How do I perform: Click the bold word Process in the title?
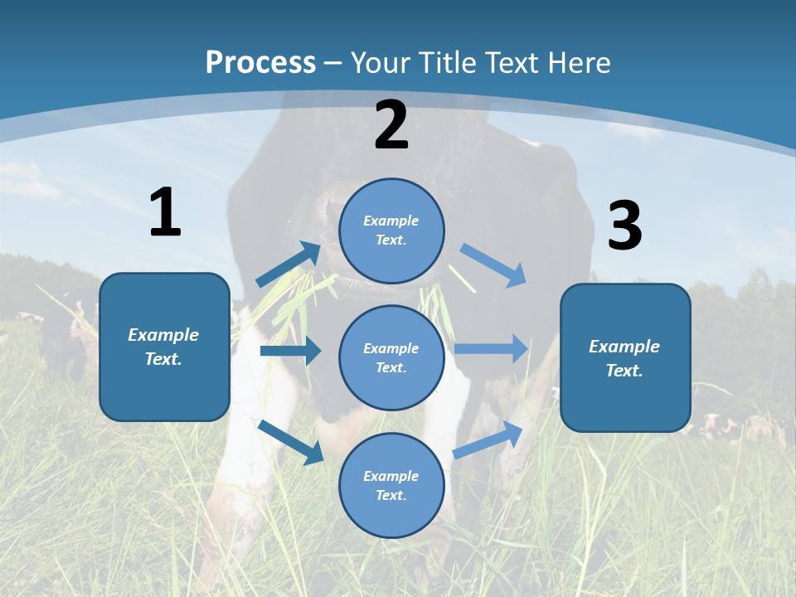260,62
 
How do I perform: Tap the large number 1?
165,214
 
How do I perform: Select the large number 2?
391,126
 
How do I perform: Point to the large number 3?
624,226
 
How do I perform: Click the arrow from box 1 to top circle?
289,265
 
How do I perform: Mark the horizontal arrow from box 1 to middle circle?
290,352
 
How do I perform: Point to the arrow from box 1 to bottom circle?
291,441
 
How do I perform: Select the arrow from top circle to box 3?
493,265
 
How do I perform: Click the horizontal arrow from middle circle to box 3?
491,348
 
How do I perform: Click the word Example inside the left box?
163,335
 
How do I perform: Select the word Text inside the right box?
624,371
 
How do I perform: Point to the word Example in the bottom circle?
391,476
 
